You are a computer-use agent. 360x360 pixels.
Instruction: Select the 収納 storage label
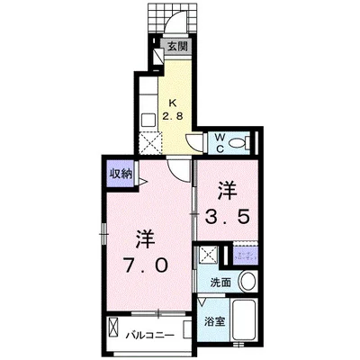pyautogui.click(x=121, y=173)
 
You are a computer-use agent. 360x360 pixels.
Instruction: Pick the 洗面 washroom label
pyautogui.click(x=220, y=283)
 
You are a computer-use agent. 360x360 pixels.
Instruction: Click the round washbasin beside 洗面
pyautogui.click(x=248, y=283)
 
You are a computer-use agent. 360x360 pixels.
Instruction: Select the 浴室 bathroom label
pyautogui.click(x=213, y=320)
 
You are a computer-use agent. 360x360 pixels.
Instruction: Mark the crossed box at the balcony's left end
pyautogui.click(x=113, y=327)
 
